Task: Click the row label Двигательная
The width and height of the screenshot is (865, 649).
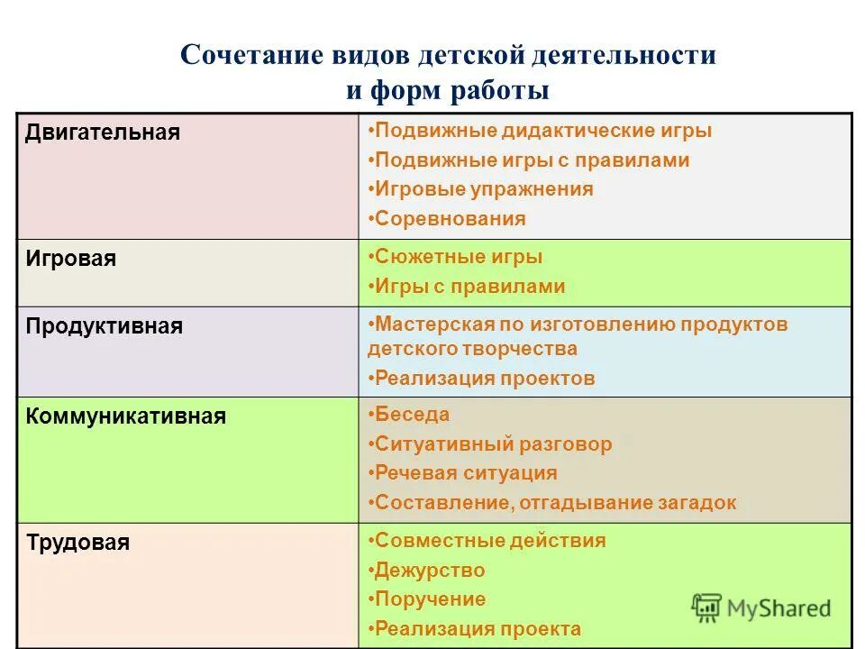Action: [x=103, y=133]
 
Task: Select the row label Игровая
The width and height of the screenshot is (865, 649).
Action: [x=71, y=259]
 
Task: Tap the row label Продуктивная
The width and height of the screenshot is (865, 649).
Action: [x=105, y=326]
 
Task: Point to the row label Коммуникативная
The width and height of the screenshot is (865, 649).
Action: [x=126, y=416]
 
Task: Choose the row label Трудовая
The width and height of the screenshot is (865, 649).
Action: [x=77, y=543]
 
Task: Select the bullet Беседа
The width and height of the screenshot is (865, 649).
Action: [x=411, y=415]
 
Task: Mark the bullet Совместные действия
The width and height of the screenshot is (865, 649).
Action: [x=489, y=541]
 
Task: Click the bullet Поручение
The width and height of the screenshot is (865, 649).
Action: [x=429, y=599]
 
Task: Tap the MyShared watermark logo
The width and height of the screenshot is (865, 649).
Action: [x=760, y=608]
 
